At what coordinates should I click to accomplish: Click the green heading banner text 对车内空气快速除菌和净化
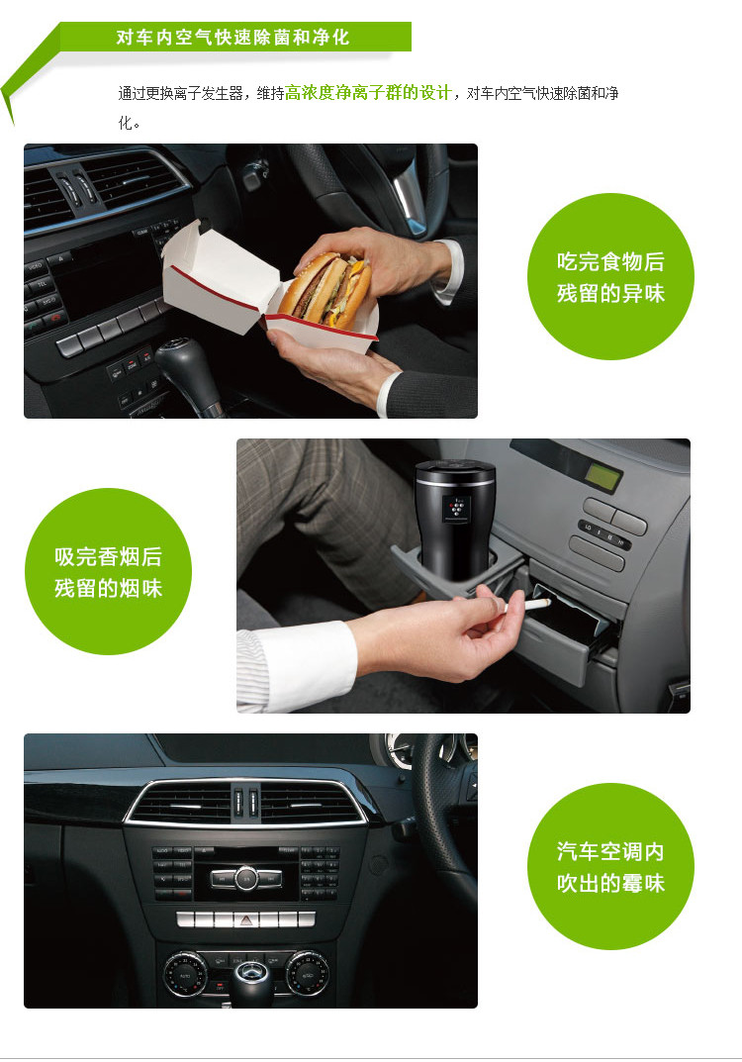click(x=232, y=37)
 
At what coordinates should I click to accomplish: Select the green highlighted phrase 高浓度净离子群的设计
click(x=368, y=93)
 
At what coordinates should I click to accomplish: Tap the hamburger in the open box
click(x=325, y=291)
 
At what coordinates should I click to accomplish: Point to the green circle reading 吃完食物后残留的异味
click(x=610, y=276)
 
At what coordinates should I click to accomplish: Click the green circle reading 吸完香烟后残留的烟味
click(x=108, y=572)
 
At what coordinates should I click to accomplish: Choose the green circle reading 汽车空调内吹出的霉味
click(x=610, y=866)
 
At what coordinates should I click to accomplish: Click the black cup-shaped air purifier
click(x=456, y=521)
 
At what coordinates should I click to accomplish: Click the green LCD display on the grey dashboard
click(x=603, y=477)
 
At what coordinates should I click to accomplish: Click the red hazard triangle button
click(x=245, y=919)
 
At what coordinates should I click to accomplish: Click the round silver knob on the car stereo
click(x=246, y=878)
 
